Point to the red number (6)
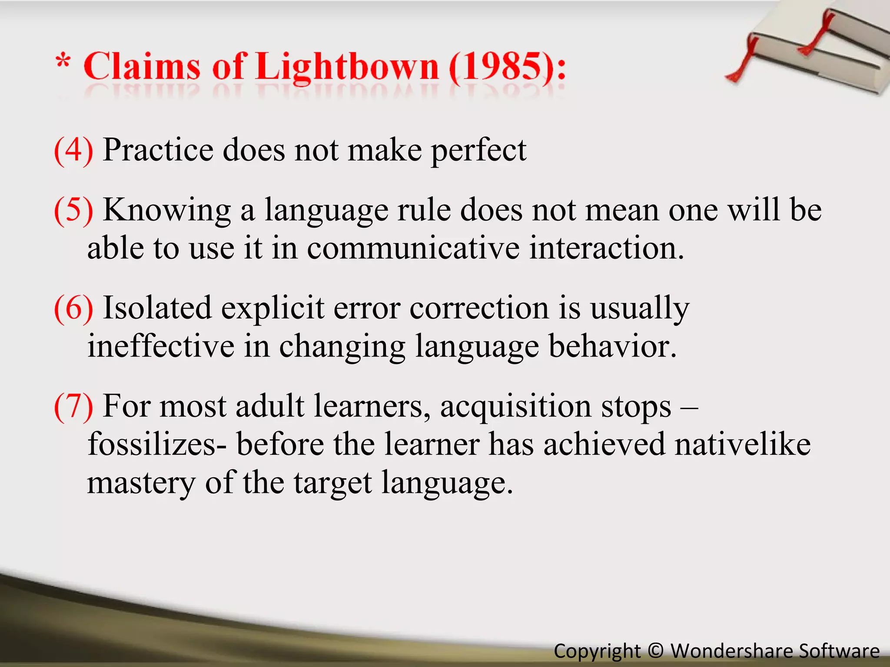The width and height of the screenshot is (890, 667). [x=73, y=308]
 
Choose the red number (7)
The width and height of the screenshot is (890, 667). [x=73, y=406]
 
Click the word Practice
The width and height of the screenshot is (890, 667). [x=158, y=150]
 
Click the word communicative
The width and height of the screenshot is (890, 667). [x=413, y=248]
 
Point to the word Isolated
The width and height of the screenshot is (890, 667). [x=157, y=308]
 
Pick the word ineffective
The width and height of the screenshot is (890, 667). [x=161, y=346]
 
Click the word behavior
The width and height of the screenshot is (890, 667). [x=612, y=346]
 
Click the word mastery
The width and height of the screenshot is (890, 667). [x=141, y=483]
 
